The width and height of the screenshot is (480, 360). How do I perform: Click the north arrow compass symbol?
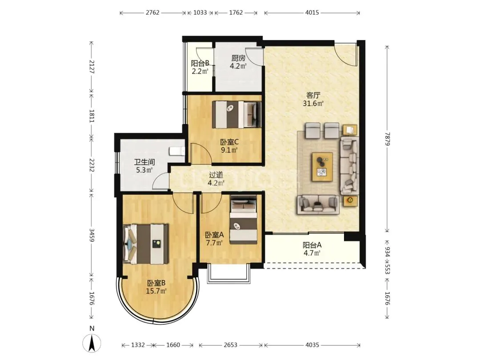coord(92,343)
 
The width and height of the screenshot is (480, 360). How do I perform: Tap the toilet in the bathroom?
coord(177,151)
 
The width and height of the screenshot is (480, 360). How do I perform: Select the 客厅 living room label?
coord(313,95)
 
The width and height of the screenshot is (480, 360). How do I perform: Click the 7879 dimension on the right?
coord(387,139)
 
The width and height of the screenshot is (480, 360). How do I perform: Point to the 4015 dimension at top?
coord(312,12)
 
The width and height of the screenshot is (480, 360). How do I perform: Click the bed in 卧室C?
coord(236,115)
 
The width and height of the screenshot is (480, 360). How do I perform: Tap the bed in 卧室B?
coord(146,244)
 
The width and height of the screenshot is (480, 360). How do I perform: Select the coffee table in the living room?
coord(322,167)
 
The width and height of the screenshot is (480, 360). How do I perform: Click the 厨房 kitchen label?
coord(238,58)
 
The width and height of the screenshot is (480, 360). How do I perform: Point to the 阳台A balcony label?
coord(312,245)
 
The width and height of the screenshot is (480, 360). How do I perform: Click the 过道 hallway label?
coord(216,175)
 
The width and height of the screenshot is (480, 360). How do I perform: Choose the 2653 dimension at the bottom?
coord(230,345)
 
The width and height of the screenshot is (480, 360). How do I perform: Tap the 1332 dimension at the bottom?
coord(138,345)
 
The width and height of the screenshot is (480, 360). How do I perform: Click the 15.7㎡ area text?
coord(156,291)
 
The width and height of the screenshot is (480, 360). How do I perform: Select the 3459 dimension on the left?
coord(92,235)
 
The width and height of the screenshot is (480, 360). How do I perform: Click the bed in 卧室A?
coord(244,220)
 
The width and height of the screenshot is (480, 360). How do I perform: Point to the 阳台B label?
coord(200,64)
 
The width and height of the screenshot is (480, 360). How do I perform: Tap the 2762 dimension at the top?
coord(152,12)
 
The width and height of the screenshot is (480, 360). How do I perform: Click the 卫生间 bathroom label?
coord(144,162)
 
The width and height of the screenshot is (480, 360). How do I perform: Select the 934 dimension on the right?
coord(387,252)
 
